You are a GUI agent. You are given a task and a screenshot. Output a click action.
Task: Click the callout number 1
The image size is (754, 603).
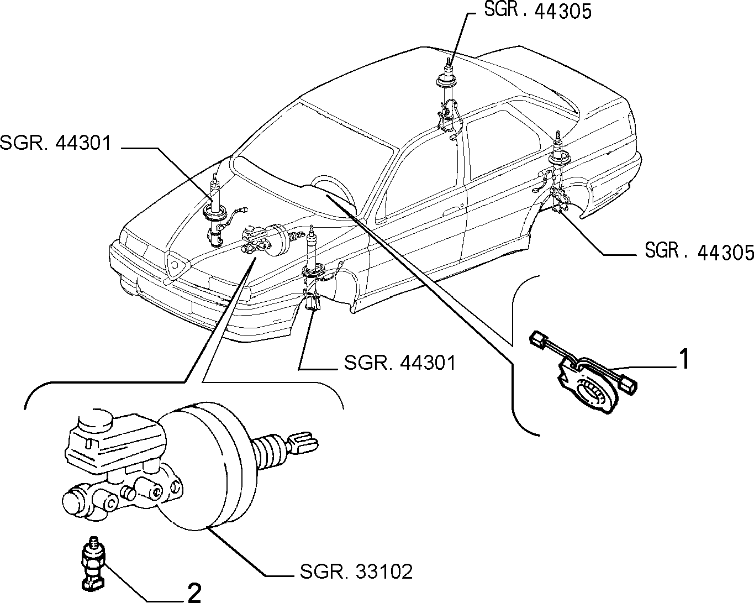[684, 359]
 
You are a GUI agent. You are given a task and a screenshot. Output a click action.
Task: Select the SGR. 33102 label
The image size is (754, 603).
[356, 572]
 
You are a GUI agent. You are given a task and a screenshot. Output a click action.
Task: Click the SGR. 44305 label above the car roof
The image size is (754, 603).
[538, 11]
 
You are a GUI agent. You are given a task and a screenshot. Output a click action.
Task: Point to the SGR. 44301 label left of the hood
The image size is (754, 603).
[55, 143]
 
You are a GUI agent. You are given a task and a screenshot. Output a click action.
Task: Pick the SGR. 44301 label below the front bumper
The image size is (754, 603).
[400, 363]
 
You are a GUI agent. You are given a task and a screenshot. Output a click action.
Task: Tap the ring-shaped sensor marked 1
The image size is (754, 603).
[587, 385]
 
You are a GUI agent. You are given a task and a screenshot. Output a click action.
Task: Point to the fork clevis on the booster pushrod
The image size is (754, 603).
[303, 443]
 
